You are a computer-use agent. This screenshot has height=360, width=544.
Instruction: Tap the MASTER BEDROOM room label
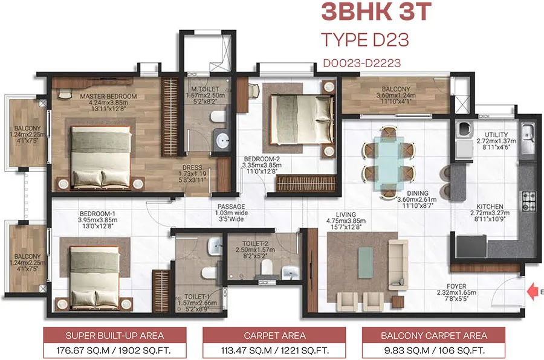pos(108,96)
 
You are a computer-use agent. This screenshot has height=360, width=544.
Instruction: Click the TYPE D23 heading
pos(365,40)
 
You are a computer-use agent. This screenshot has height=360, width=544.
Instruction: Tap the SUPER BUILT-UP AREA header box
pos(114,335)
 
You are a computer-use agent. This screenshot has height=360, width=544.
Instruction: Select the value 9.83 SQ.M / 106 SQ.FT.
pos(433,350)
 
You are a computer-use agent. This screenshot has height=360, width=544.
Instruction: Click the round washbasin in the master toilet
pos(223,140)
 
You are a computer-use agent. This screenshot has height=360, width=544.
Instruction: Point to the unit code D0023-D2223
pos(362,62)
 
